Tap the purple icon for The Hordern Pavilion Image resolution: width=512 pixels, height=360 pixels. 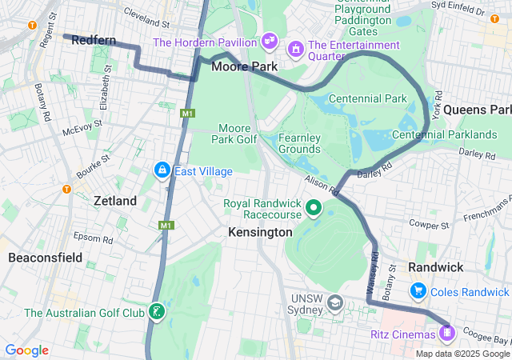pyautogui.click(x=269, y=40)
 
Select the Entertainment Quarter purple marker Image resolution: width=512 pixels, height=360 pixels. pyautogui.click(x=297, y=50)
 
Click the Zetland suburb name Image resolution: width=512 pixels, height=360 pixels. pyautogui.click(x=115, y=201)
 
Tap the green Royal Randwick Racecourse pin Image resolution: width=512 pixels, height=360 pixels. pyautogui.click(x=314, y=210)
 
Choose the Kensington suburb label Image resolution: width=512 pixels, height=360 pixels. pyautogui.click(x=260, y=232)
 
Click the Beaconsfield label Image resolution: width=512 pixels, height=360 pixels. pyautogui.click(x=45, y=258)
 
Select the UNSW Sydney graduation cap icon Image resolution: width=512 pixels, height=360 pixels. pyautogui.click(x=334, y=302)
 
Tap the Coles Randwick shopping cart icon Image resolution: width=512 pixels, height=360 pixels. pyautogui.click(x=418, y=290)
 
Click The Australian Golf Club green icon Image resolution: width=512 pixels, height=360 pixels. pyautogui.click(x=157, y=311)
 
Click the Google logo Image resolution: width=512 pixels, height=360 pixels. pyautogui.click(x=26, y=350)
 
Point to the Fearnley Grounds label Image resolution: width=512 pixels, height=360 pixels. pyautogui.click(x=299, y=143)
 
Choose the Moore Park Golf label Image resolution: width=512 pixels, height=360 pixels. pyautogui.click(x=235, y=134)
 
